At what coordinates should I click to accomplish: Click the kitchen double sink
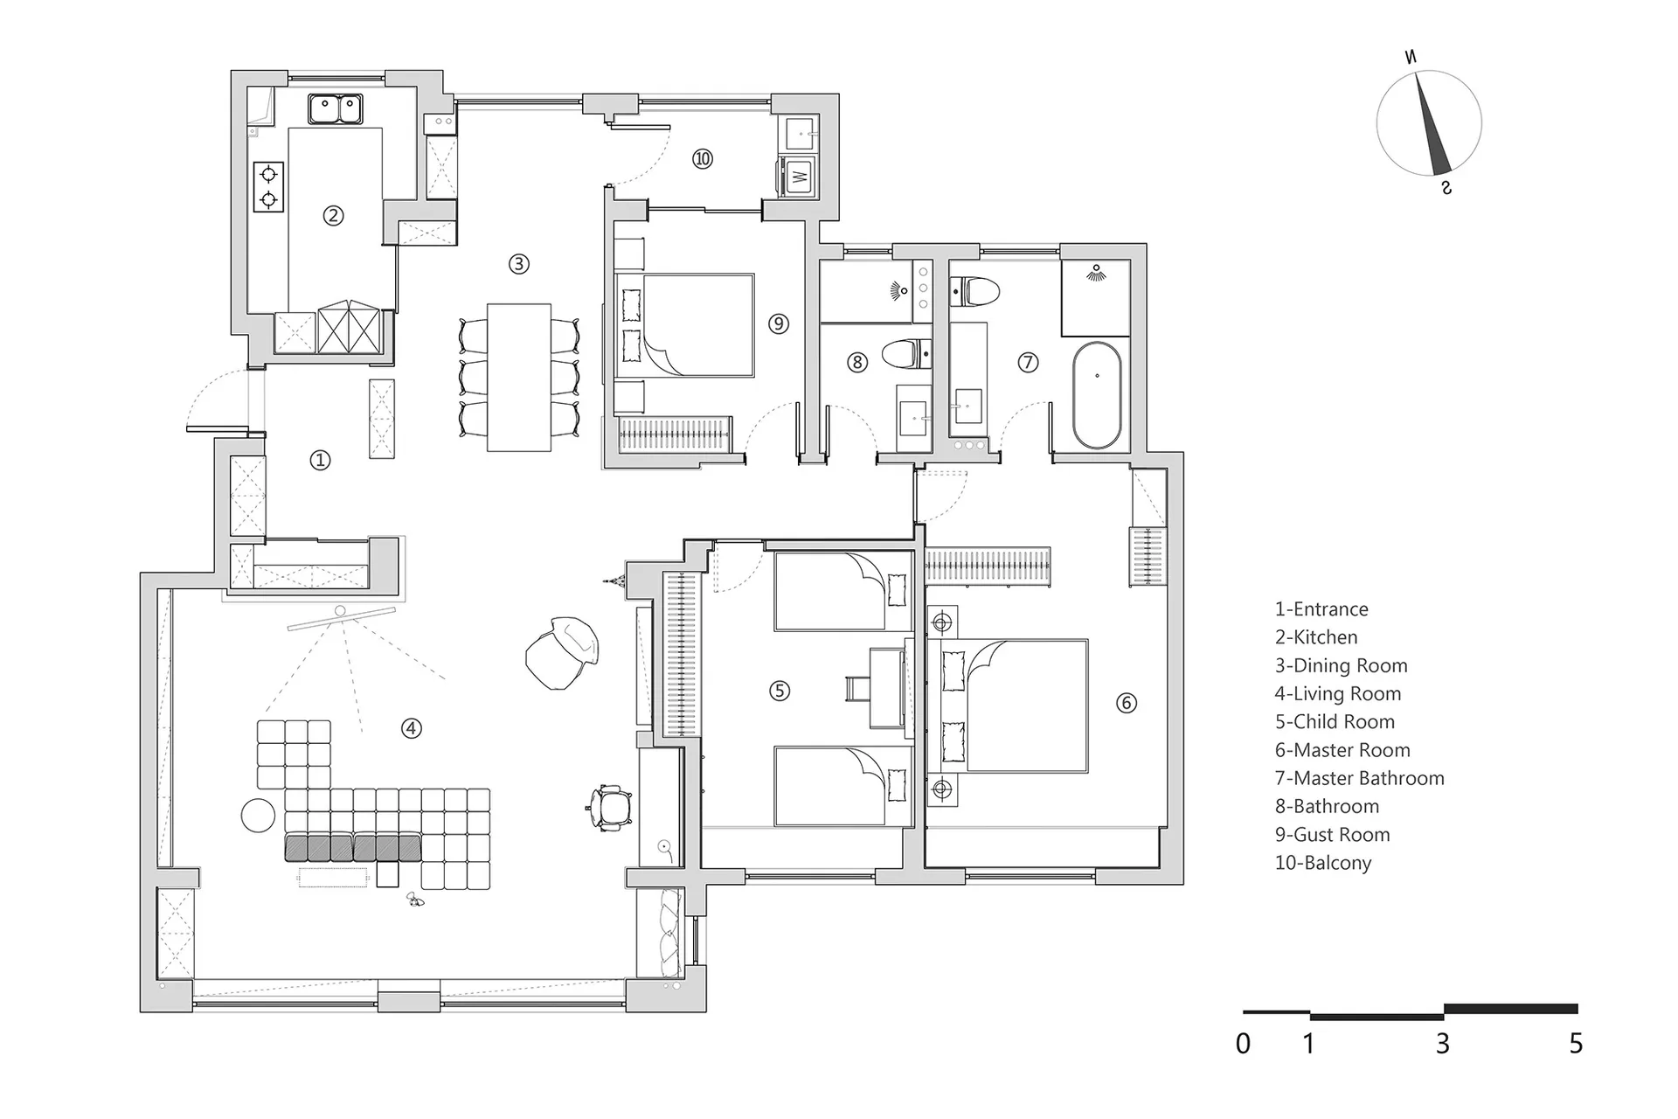pos(336,109)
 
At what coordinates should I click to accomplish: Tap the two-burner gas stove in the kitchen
pos(268,186)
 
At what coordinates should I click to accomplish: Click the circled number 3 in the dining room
pos(519,263)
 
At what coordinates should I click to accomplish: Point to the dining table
pos(519,377)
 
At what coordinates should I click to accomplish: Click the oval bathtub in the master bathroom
pos(1097,395)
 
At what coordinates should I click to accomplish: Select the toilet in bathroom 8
pos(906,354)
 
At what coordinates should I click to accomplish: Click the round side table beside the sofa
pos(259,816)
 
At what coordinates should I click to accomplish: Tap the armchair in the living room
pos(563,652)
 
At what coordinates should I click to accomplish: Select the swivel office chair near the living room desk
pos(609,806)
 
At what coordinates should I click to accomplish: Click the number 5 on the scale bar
pos(1576,1043)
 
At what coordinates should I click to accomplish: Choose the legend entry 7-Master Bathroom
pos(1359,778)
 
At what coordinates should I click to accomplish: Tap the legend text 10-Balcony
pos(1323,863)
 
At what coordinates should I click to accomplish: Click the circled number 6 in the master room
pos(1127,702)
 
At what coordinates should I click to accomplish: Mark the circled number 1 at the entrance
pos(320,460)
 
